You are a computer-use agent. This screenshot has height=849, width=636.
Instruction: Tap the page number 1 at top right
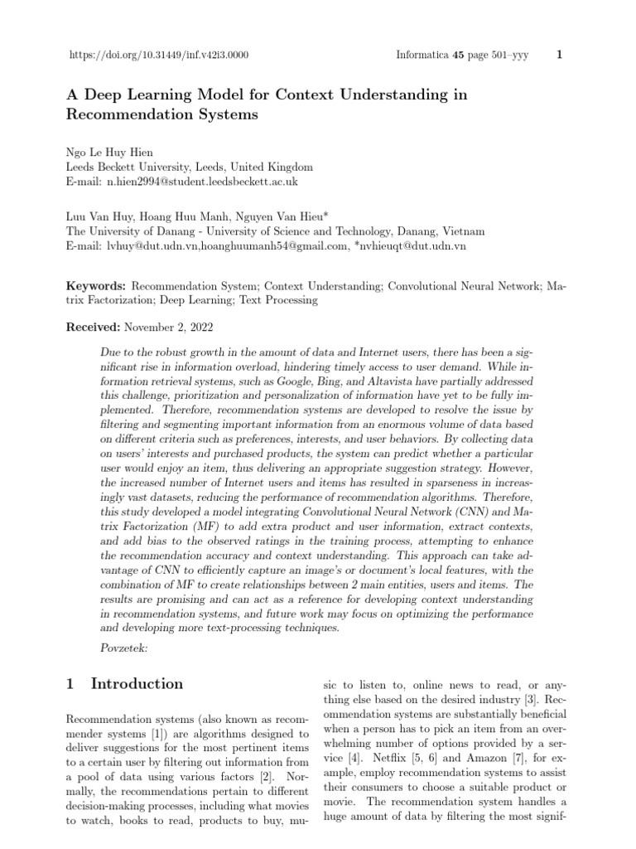click(x=561, y=56)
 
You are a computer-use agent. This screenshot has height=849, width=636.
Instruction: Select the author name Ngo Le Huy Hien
click(x=110, y=152)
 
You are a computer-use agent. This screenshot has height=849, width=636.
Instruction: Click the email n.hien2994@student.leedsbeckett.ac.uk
click(x=201, y=181)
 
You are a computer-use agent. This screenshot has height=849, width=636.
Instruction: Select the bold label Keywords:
click(x=96, y=285)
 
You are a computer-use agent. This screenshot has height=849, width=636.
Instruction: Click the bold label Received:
click(x=94, y=328)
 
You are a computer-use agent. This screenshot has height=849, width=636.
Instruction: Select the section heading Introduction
click(x=137, y=684)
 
